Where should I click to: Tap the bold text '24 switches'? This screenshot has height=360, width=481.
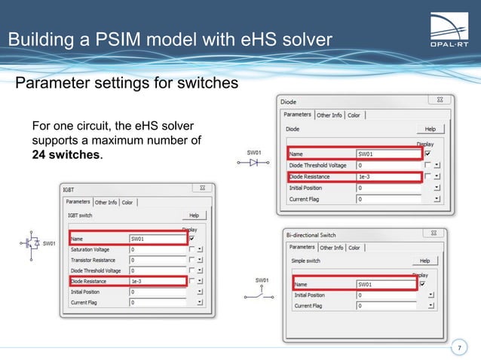pos(66,155)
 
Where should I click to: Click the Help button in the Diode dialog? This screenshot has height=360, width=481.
pos(430,130)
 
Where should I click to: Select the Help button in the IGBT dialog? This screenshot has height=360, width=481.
pos(193,215)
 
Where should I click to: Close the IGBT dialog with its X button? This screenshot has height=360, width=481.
pos(201,188)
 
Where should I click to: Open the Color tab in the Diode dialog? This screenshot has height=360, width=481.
pos(354,115)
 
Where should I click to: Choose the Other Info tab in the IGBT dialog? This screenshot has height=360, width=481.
pos(106,202)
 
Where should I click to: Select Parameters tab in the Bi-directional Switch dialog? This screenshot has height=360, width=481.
pos(302,247)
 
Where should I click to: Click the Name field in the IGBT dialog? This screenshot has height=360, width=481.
pos(156,239)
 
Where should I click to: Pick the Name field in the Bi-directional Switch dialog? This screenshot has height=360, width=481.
pos(384,284)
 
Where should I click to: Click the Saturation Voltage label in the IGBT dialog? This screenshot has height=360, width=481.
pos(90,249)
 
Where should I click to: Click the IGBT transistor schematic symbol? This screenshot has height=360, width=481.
pos(32,244)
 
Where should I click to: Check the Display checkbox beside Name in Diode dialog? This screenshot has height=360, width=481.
pos(427,154)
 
